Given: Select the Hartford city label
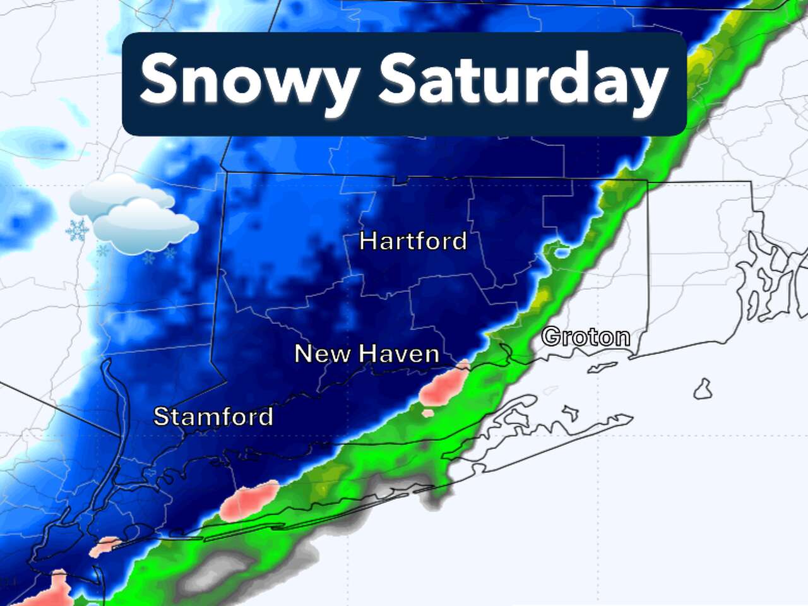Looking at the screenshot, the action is coord(413,241).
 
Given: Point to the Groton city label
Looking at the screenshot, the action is coord(586,337).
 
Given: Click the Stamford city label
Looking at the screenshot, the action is coord(213,417).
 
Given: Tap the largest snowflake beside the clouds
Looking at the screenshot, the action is coord(77,230).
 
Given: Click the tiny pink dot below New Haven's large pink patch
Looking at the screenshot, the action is coord(428,413).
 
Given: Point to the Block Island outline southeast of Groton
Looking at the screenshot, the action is coord(703,389).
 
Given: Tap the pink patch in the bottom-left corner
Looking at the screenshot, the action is coord(54,590).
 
